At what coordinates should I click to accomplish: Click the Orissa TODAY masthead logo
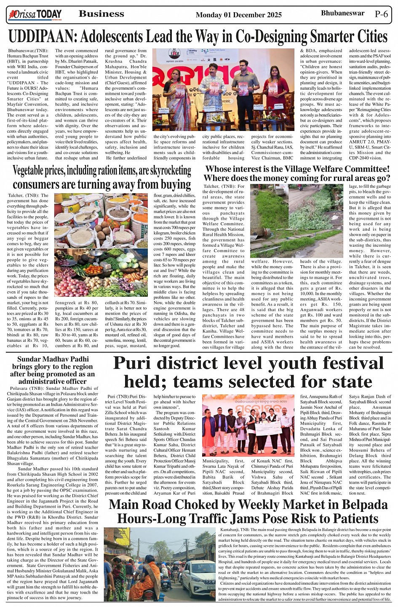point(35,15)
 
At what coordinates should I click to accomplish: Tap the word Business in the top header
point(102,14)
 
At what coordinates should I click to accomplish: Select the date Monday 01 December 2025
point(238,15)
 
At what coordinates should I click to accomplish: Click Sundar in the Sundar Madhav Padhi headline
point(30,359)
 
